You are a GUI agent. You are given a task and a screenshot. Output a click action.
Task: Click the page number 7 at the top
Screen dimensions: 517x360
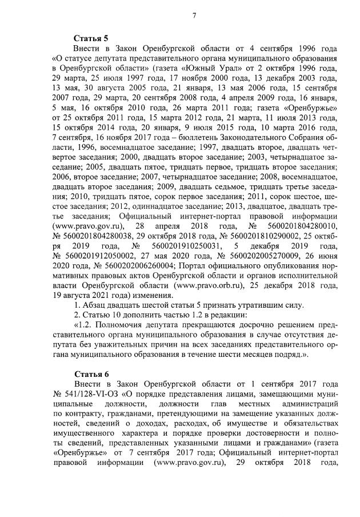coord(193,15)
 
